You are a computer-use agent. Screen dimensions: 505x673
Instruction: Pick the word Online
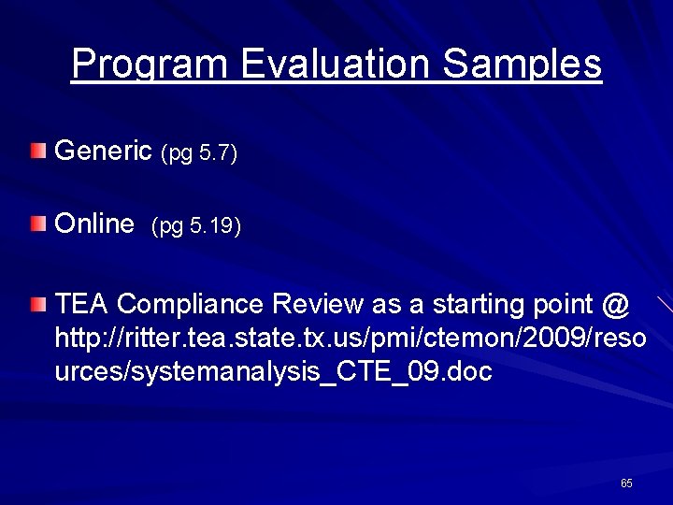(95, 225)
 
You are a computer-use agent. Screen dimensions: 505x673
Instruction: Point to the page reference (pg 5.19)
(196, 227)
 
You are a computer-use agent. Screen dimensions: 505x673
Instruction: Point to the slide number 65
(626, 483)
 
